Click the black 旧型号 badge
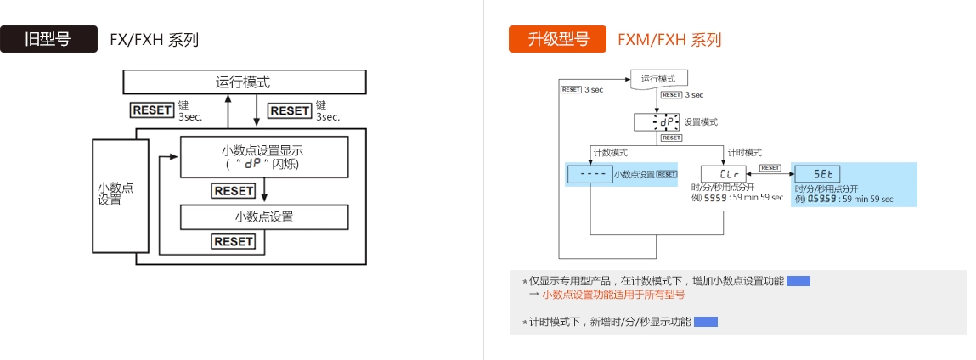[48, 40]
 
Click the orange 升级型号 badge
[557, 40]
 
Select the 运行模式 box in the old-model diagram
[245, 82]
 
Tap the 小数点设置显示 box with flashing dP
[263, 156]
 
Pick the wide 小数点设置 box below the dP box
[264, 217]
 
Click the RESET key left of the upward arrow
[152, 110]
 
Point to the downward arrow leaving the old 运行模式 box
[257, 110]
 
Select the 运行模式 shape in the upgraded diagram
[659, 79]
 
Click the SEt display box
[810, 173]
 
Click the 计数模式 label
[609, 152]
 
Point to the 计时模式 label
[744, 152]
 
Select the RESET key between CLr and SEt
[770, 168]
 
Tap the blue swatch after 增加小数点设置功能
[798, 280]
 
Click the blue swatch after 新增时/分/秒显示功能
[706, 322]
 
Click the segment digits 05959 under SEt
[822, 199]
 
